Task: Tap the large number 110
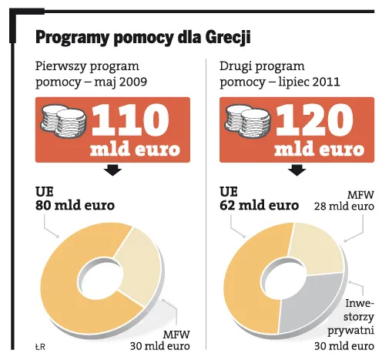[129, 119]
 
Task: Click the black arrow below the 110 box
[113, 170]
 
